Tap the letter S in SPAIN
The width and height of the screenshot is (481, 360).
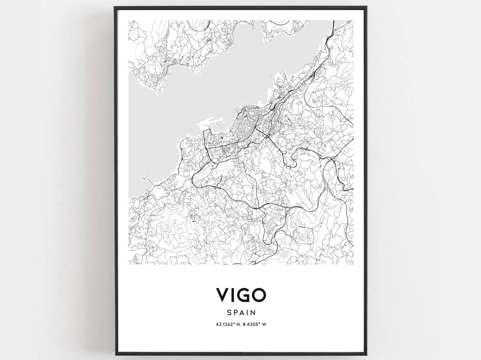[x=228, y=313]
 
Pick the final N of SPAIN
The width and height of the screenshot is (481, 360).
[x=254, y=313]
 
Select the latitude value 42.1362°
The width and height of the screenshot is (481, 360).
[x=224, y=325]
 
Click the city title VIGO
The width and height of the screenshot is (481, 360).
[x=241, y=295]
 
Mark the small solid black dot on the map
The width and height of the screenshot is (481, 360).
[x=194, y=220]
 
